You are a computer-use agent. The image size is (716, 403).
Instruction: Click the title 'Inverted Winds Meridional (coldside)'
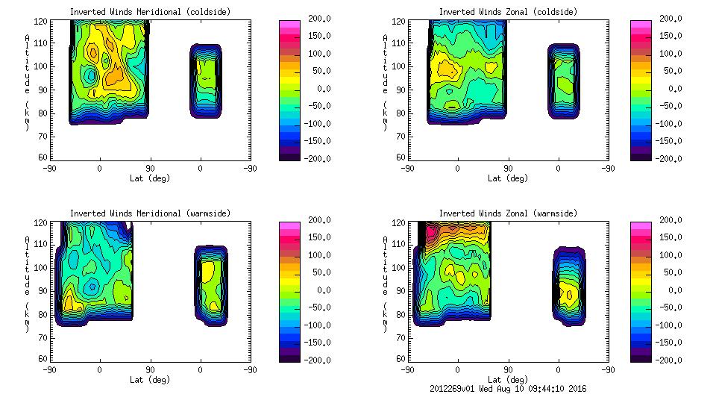click(x=150, y=12)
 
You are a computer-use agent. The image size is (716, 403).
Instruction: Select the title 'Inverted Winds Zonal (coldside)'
click(x=508, y=12)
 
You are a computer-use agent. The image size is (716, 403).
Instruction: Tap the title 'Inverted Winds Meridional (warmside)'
click(x=150, y=213)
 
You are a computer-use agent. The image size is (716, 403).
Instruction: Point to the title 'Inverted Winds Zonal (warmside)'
click(x=508, y=213)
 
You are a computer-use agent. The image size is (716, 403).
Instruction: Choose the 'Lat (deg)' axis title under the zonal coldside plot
click(x=507, y=178)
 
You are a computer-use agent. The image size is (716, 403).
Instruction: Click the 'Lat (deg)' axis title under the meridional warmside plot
click(x=149, y=379)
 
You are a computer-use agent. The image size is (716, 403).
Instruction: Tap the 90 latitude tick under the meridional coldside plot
click(x=149, y=169)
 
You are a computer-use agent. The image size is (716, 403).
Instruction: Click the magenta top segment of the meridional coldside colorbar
click(x=289, y=25)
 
